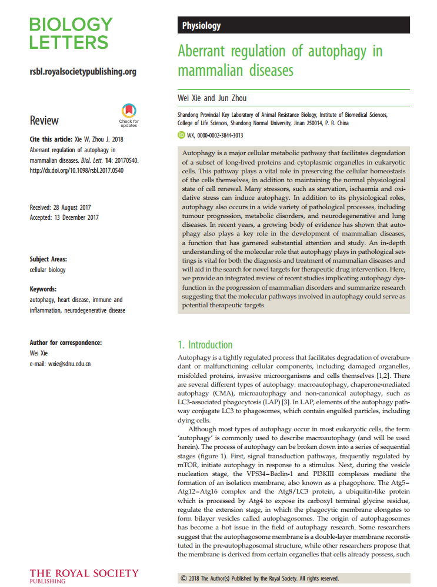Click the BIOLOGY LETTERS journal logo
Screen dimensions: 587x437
pos(71,33)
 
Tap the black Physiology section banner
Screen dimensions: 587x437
pos(293,25)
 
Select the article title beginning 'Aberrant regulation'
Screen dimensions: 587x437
pos(280,61)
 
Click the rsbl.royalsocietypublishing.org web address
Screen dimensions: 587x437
pos(83,72)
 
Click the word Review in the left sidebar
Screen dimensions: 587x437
pos(44,120)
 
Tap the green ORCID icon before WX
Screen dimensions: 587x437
pos(181,135)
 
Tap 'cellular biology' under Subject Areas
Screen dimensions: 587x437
pos(48,270)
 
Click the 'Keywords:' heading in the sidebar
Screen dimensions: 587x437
pos(43,289)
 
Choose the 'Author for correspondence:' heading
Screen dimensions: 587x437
pos(65,343)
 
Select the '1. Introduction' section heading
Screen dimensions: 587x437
pos(205,344)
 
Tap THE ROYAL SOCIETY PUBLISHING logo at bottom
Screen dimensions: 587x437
pos(84,575)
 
